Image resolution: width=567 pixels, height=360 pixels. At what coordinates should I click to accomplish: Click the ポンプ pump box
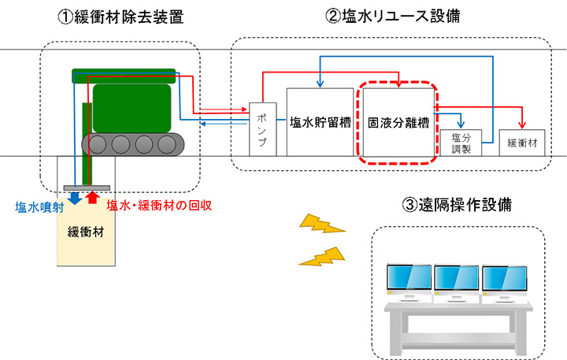tap(263, 129)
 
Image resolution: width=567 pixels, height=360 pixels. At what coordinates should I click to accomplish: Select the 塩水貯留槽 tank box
tap(320, 122)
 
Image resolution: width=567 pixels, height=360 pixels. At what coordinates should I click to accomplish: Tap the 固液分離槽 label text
tap(398, 123)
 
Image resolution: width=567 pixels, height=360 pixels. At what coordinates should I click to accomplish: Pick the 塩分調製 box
tap(461, 143)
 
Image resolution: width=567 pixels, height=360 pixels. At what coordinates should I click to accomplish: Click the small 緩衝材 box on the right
tap(522, 143)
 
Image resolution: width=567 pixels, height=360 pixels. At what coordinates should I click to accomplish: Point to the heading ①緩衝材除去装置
tap(120, 17)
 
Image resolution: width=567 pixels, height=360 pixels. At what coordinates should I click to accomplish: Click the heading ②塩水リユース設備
tap(393, 17)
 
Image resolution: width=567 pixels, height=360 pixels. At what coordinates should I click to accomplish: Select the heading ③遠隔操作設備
tap(457, 205)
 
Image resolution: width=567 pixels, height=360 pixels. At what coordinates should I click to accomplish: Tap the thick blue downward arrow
tap(75, 198)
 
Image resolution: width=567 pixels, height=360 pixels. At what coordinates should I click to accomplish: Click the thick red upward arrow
tap(93, 197)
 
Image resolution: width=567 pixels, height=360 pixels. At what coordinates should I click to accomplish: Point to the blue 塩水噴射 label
tap(39, 207)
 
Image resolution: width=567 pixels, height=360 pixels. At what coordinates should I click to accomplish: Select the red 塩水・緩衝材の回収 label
tap(159, 206)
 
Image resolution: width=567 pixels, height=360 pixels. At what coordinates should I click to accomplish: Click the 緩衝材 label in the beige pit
tap(86, 232)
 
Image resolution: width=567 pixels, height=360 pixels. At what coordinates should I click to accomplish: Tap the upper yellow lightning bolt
tap(322, 224)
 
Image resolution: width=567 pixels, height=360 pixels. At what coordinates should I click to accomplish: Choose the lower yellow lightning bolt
tap(321, 256)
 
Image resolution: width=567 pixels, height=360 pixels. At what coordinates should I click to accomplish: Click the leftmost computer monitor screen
tap(409, 277)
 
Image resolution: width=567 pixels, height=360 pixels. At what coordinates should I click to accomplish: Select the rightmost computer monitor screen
tap(505, 278)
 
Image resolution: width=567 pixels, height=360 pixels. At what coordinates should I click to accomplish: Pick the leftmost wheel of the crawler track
tap(97, 145)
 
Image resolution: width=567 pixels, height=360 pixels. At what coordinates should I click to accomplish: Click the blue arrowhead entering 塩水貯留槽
tap(320, 84)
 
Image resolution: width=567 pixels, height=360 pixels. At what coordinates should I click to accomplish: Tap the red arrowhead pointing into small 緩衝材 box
tap(522, 125)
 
